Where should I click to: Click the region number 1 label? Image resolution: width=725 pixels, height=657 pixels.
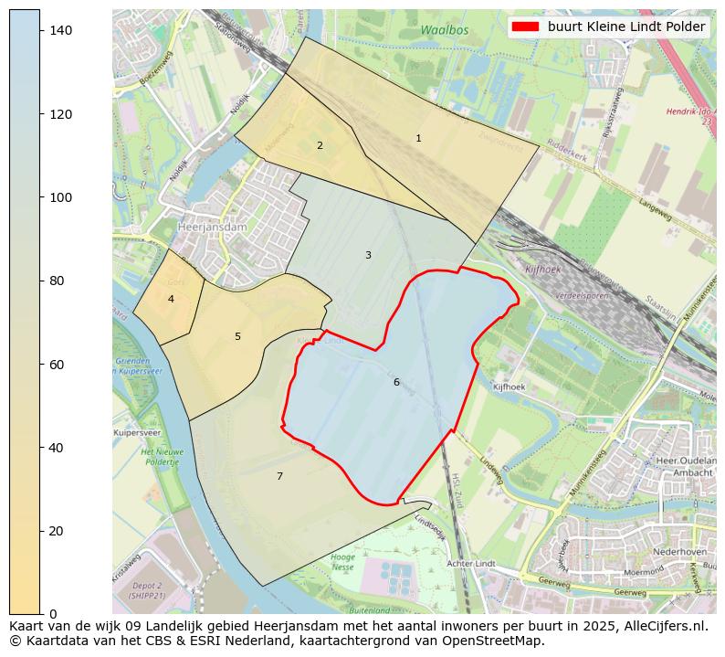[x=418, y=139]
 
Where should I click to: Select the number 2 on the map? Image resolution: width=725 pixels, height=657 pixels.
[x=320, y=145]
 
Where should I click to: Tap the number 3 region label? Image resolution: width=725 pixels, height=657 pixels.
[x=368, y=256]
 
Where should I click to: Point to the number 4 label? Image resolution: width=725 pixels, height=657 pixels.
[x=171, y=300]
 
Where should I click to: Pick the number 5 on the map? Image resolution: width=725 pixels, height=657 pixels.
[x=237, y=337]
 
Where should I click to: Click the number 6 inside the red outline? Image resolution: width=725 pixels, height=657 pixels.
[x=396, y=382]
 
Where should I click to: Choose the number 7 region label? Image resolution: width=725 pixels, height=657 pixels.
[x=279, y=476]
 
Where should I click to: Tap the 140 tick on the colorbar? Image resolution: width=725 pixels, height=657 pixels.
[x=59, y=31]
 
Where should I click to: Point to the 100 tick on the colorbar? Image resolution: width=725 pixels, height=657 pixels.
[x=59, y=197]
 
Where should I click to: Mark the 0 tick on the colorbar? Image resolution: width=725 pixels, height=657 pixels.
[x=53, y=614]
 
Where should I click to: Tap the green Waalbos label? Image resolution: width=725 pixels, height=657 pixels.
[x=445, y=31]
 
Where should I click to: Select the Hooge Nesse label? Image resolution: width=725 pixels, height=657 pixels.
[x=342, y=562]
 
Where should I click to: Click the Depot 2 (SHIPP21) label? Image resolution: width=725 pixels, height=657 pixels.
[x=146, y=590]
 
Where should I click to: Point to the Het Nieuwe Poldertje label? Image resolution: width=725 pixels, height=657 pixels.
[x=162, y=457]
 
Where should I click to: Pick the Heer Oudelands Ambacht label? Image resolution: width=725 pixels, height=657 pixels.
[x=685, y=467]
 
